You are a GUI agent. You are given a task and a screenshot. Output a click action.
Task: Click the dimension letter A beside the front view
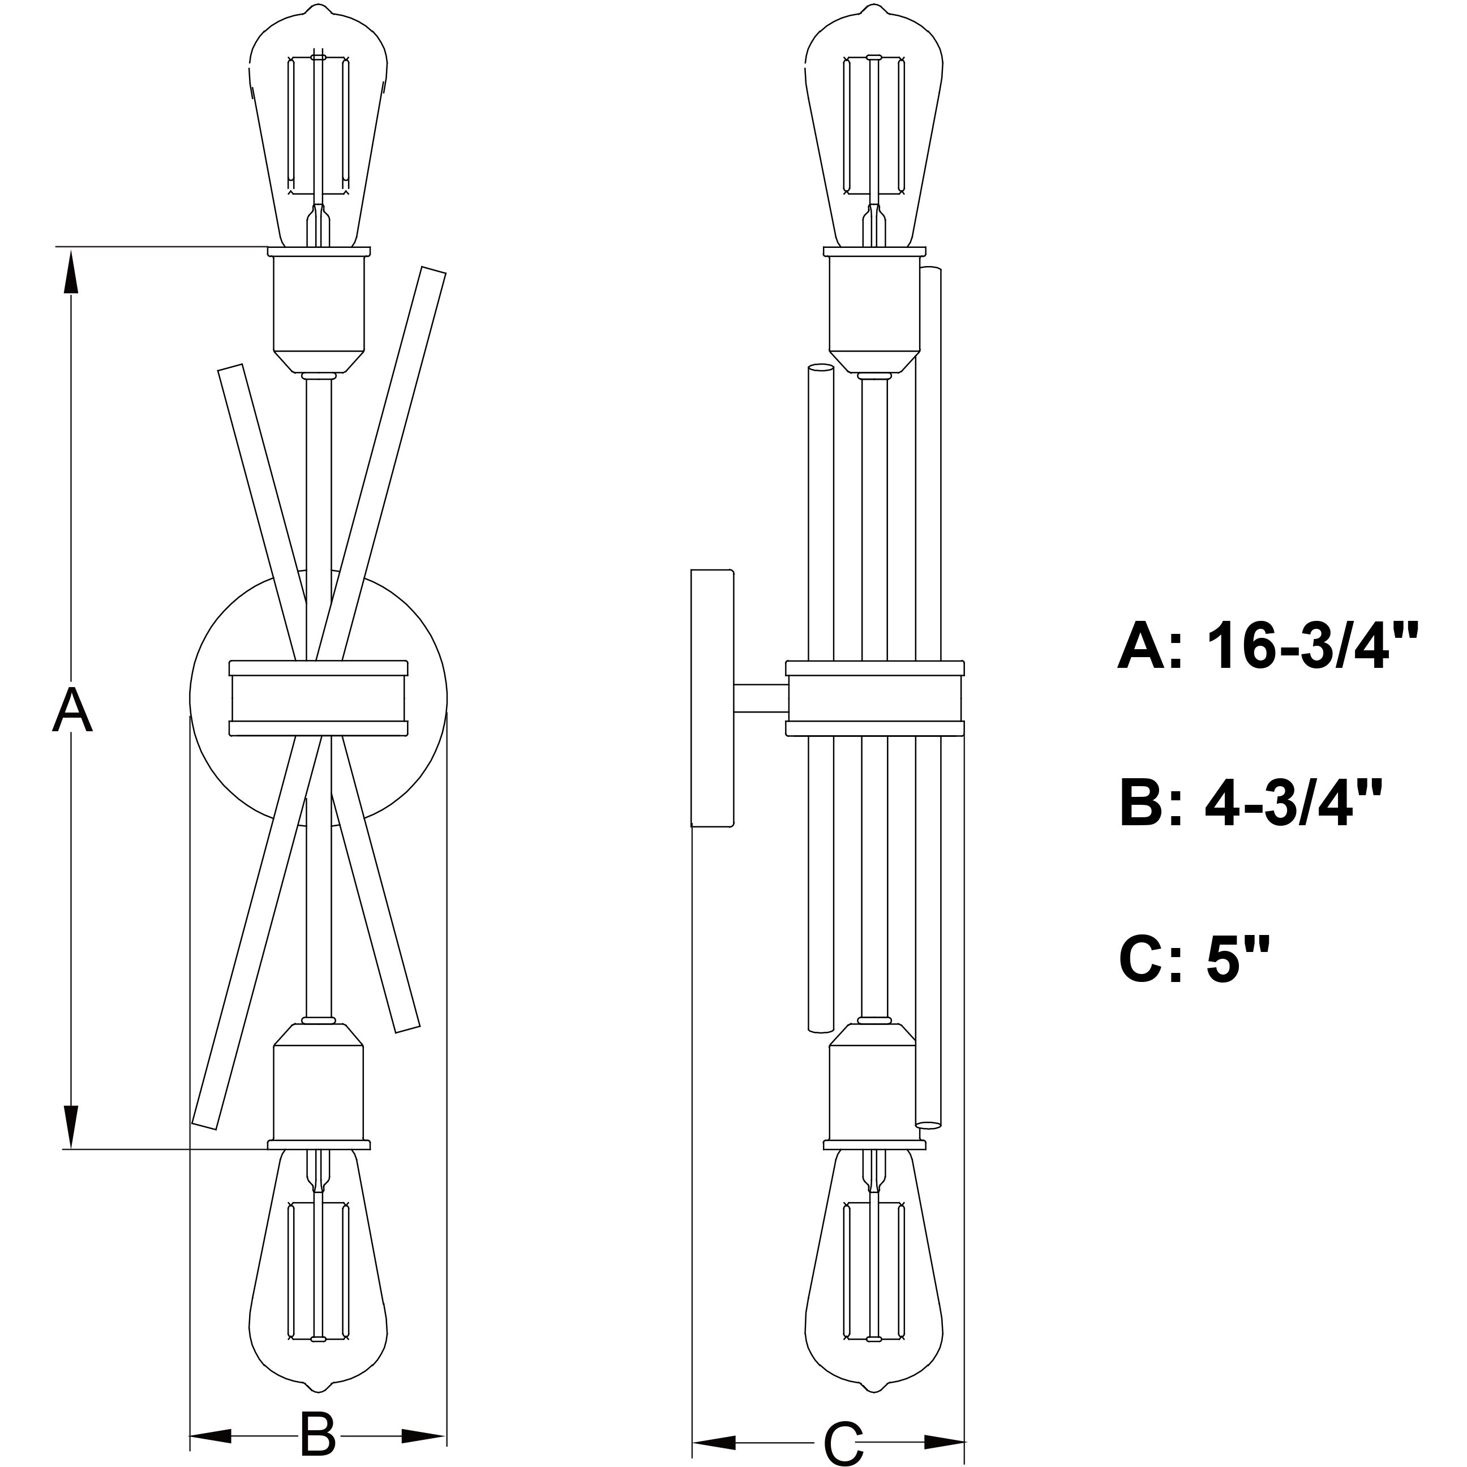tap(72, 710)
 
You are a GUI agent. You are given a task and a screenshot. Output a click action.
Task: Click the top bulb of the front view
tap(319, 129)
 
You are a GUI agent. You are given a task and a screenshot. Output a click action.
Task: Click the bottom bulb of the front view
tap(319, 1283)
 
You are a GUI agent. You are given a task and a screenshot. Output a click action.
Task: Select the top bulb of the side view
tap(874, 129)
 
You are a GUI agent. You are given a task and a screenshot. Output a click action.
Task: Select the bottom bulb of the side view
tap(874, 1283)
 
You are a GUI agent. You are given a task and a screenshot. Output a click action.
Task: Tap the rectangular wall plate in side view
tap(712, 698)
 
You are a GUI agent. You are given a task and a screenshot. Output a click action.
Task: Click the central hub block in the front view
tap(318, 698)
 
